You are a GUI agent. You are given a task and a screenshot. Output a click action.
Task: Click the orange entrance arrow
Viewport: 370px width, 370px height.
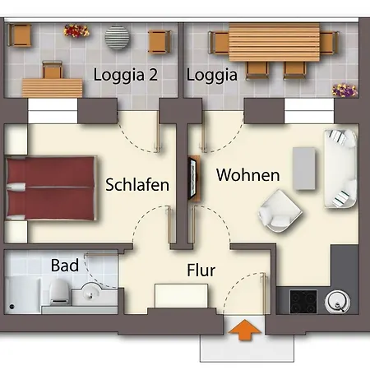[x=244, y=330]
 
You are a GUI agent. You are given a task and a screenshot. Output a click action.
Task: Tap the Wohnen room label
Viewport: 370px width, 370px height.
[x=248, y=175]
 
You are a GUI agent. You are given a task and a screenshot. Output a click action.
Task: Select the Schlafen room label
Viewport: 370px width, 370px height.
[x=137, y=184]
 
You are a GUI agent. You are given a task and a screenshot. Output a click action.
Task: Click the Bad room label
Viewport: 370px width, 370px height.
[x=65, y=266]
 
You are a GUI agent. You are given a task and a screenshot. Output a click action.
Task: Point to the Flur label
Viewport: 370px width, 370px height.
[x=201, y=271]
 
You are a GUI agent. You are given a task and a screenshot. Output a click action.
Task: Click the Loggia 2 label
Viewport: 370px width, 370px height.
[x=126, y=75]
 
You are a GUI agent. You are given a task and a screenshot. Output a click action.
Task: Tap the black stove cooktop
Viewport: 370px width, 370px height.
[x=303, y=302]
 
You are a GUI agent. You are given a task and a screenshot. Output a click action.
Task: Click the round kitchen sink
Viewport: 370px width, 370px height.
[x=338, y=302]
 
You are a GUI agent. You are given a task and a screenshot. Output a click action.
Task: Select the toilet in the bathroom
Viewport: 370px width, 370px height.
[x=59, y=292]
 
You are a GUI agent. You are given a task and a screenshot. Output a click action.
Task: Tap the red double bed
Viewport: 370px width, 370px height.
[x=51, y=188]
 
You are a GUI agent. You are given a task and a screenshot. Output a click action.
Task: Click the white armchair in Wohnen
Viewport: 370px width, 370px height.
[x=280, y=211]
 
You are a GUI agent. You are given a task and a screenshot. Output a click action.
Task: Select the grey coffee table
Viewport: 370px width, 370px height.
[x=304, y=169]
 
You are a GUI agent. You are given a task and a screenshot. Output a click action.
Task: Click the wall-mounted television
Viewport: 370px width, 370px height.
[x=193, y=178]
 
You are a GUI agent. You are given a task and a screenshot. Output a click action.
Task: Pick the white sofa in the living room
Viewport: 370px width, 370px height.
[x=340, y=169]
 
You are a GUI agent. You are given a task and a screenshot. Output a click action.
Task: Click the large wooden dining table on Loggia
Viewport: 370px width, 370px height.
[x=275, y=42]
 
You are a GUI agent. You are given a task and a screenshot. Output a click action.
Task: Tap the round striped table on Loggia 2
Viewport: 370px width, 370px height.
[x=117, y=38]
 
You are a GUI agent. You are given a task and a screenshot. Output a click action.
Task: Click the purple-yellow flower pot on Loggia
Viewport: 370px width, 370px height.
[x=345, y=90]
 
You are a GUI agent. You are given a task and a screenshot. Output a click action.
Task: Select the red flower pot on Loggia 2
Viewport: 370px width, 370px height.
[x=76, y=30]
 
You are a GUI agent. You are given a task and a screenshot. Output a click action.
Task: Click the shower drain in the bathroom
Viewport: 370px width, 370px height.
[x=12, y=307]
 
